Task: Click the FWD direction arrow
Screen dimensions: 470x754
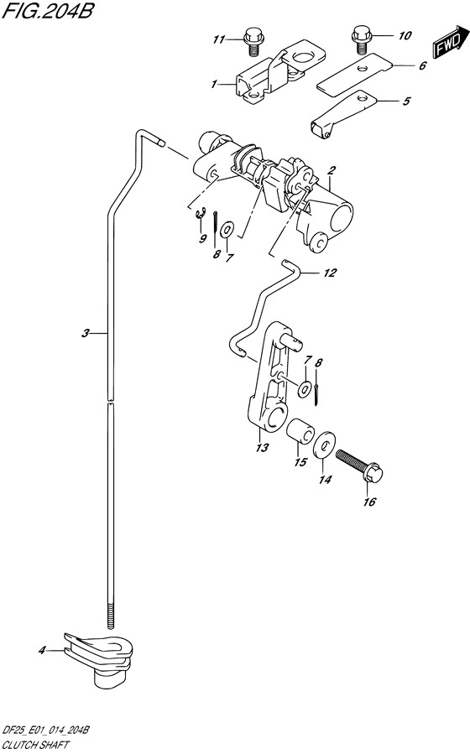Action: tap(451, 42)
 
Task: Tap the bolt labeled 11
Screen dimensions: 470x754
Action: tap(251, 41)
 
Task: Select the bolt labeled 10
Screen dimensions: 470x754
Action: tap(360, 39)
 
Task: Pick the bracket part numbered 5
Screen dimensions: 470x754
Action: tap(342, 113)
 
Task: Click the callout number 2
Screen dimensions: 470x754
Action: tap(332, 170)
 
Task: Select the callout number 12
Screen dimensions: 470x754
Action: tap(330, 273)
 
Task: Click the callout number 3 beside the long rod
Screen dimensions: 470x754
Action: tap(85, 333)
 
